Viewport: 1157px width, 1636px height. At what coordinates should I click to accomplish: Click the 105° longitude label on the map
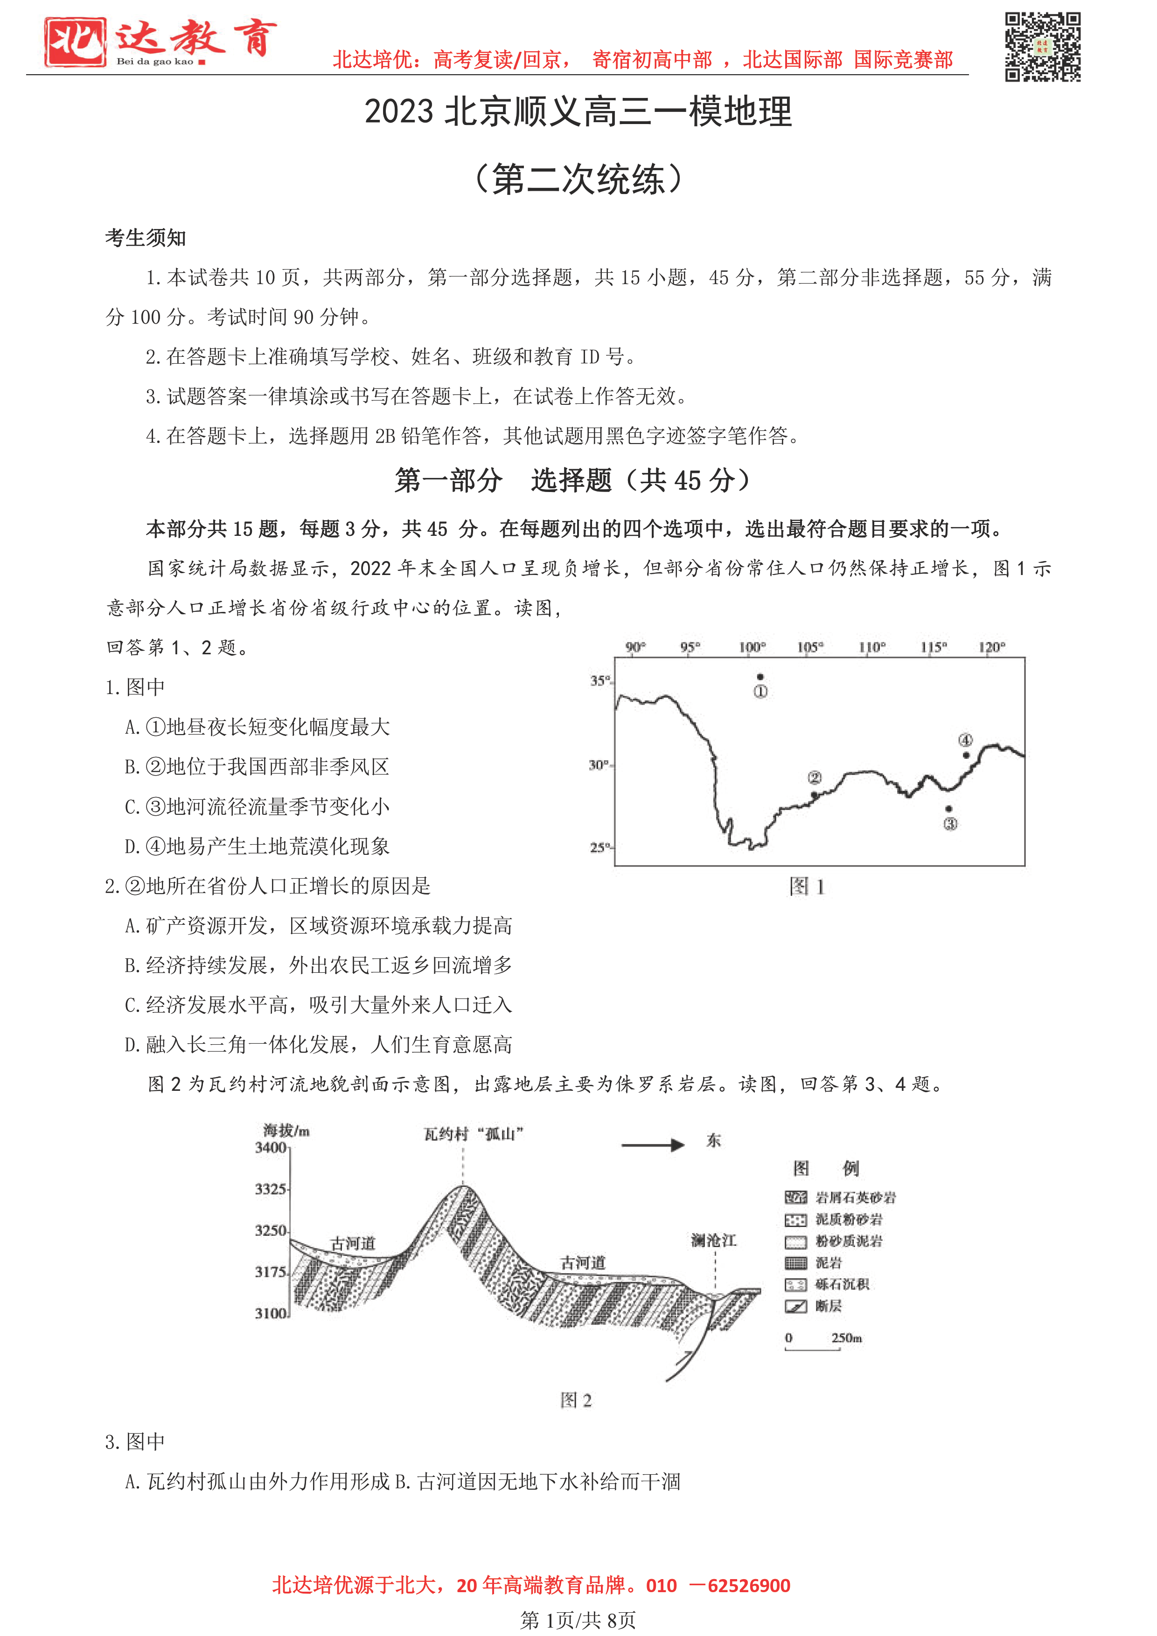click(810, 647)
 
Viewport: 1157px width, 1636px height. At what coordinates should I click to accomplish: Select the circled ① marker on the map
click(760, 691)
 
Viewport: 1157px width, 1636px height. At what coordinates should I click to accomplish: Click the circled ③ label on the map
click(950, 824)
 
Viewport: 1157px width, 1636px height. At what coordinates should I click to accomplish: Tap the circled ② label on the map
click(814, 777)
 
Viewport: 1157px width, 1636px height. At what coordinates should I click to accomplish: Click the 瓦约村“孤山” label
click(474, 1134)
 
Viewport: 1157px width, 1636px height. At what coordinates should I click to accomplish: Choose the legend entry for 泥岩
click(829, 1262)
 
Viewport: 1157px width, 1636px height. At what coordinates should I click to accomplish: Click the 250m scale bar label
click(846, 1338)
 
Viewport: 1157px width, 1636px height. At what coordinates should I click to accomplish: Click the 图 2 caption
click(576, 1400)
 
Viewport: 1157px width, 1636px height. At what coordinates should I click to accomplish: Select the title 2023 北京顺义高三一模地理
click(578, 112)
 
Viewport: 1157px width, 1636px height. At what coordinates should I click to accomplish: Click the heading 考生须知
click(146, 237)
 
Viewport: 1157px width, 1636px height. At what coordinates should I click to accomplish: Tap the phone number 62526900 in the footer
click(748, 1586)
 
